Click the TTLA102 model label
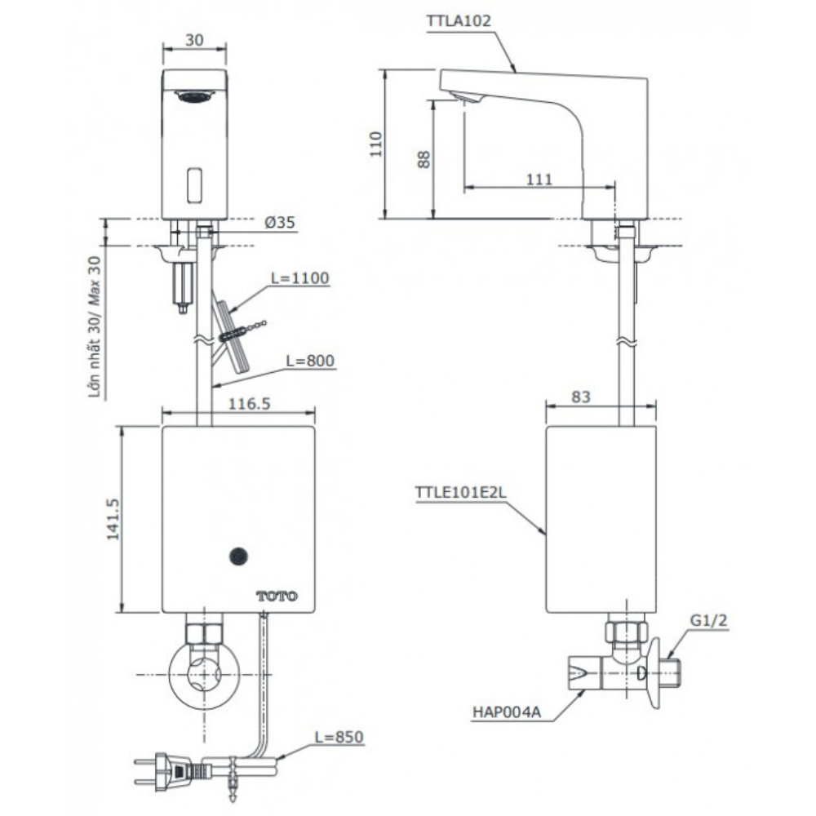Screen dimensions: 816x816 click(x=459, y=22)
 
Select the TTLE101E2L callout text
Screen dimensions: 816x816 click(x=459, y=493)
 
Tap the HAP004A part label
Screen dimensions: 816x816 click(x=505, y=711)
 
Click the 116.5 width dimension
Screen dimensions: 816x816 click(x=226, y=403)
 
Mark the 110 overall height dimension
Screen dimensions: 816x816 click(x=375, y=144)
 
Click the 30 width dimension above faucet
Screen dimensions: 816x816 click(x=193, y=38)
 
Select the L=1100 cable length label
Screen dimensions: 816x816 click(x=299, y=278)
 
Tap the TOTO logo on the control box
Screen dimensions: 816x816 click(x=277, y=596)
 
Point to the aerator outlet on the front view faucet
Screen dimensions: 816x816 click(x=194, y=96)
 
